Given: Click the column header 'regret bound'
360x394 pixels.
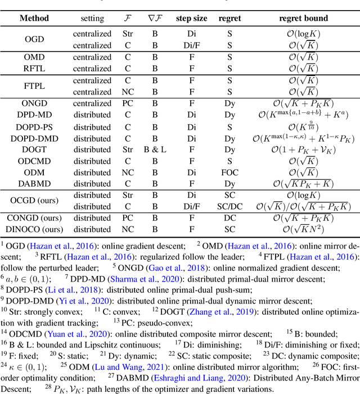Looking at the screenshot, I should point(303,18).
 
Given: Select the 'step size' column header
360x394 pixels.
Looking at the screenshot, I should point(191,18).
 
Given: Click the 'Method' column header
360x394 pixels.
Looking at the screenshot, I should point(34,18).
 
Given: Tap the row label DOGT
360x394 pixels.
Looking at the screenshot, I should point(34,149).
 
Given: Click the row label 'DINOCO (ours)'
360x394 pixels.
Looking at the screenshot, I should point(34,229).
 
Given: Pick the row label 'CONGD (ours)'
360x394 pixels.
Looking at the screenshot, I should point(34,218).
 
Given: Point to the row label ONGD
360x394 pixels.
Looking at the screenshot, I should point(34,103).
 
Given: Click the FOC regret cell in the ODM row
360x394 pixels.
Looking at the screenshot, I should point(229,172).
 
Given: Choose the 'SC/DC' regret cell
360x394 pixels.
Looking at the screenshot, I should point(229,206).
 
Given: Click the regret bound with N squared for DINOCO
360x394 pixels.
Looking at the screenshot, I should point(303,229).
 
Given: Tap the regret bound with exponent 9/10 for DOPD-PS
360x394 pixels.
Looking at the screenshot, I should point(303,126).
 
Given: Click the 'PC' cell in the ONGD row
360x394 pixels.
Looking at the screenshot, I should point(128,103).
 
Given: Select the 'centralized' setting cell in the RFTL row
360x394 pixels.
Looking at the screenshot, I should point(92,69).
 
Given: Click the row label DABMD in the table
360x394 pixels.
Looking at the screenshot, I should point(34,183).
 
